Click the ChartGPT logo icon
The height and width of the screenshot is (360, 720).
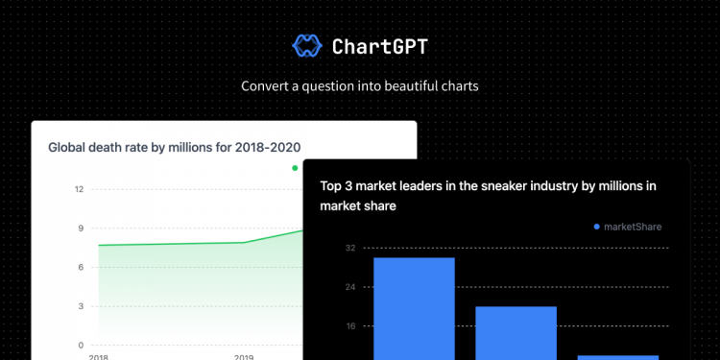[306, 45]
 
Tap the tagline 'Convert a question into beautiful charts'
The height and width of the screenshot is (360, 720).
[359, 85]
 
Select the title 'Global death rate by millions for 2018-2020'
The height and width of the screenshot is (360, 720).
[174, 147]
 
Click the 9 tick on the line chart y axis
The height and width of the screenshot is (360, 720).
[81, 228]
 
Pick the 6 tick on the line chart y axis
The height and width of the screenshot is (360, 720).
[81, 267]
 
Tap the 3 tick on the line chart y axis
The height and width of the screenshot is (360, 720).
[81, 306]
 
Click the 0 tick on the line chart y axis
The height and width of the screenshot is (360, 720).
[81, 345]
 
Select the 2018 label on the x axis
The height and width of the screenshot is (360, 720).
[98, 356]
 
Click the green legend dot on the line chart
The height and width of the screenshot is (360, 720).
[295, 168]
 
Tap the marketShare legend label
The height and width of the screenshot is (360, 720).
[633, 227]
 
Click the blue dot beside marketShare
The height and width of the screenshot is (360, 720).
[596, 227]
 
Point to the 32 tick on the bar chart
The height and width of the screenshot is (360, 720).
[349, 249]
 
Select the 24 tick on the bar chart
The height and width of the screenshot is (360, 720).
[349, 287]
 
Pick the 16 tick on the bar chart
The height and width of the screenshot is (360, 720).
[349, 326]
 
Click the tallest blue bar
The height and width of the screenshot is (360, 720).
[414, 307]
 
